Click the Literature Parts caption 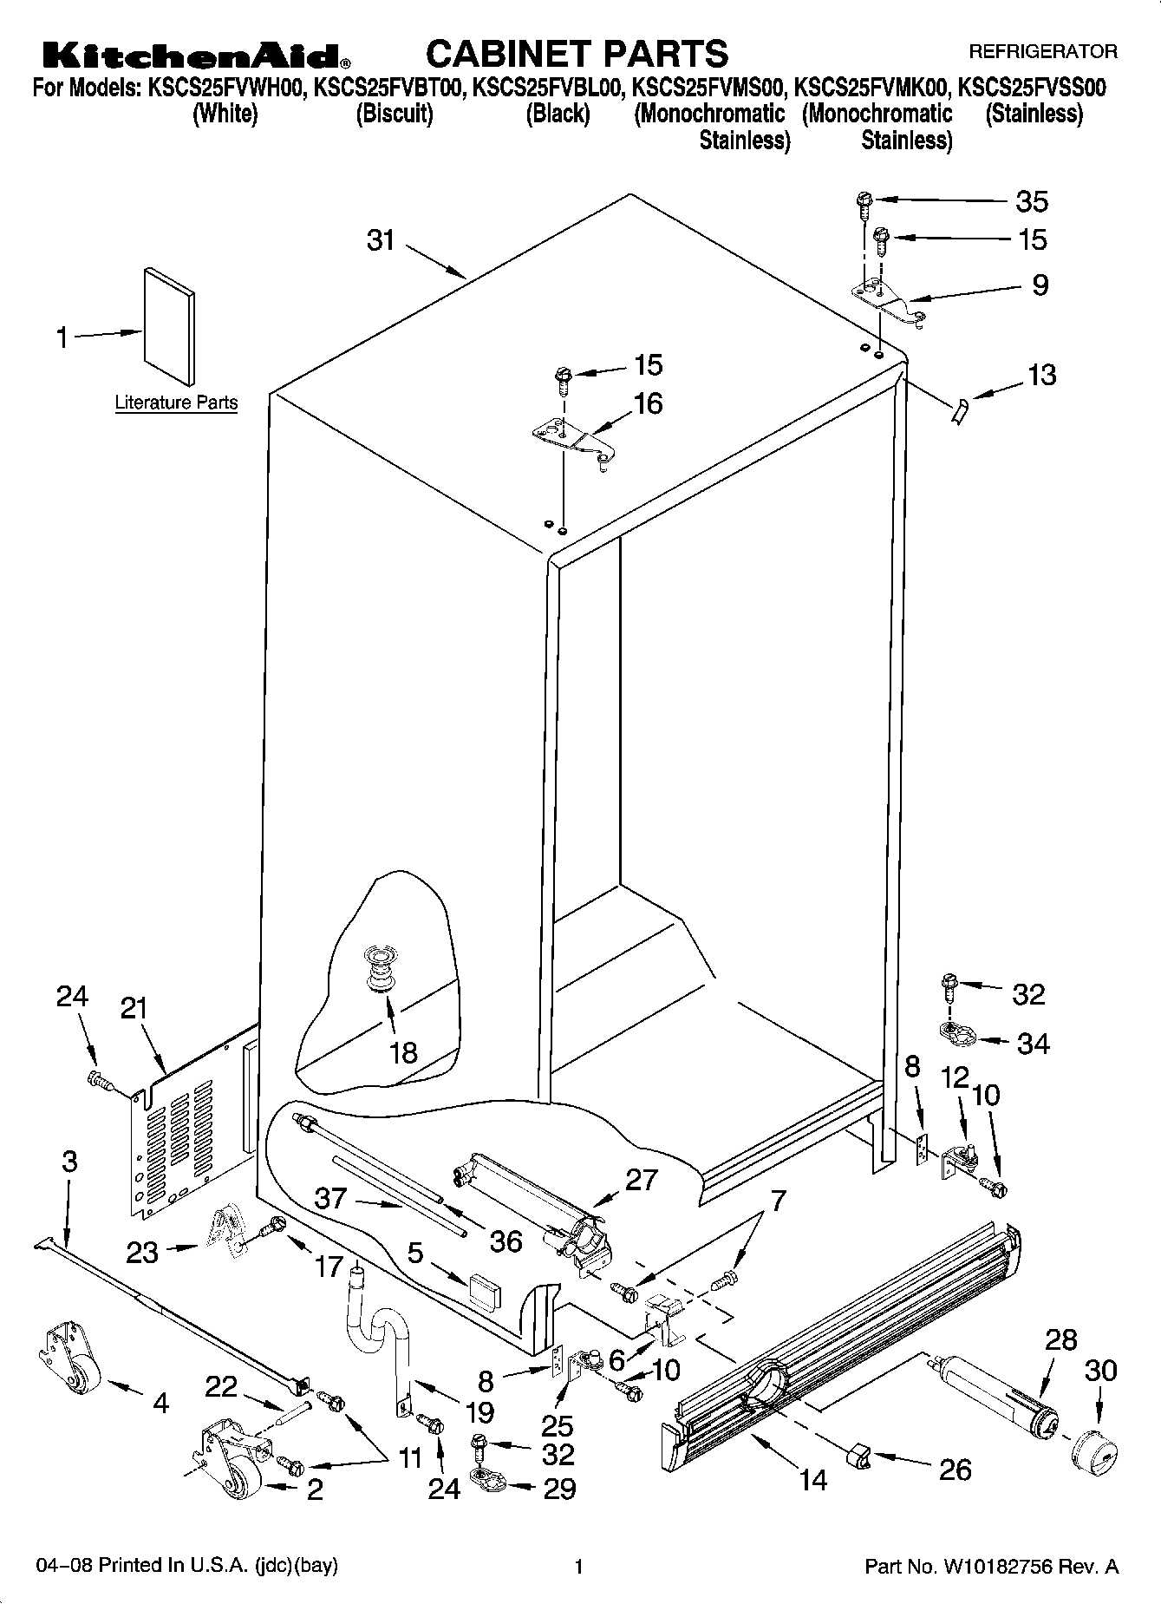(176, 403)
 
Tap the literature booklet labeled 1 (169, 324)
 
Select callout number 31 (381, 239)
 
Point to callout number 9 (1040, 285)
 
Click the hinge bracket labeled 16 (572, 438)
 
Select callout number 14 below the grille (812, 1478)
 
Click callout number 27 (641, 1180)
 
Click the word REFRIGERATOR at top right (1042, 51)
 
